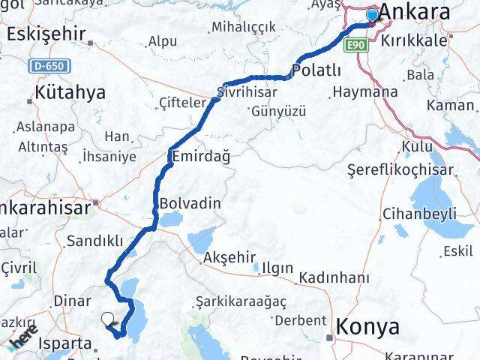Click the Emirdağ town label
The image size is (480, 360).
click(201, 157)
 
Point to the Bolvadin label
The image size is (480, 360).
click(190, 203)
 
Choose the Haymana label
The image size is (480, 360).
click(364, 92)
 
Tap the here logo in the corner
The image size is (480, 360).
click(22, 341)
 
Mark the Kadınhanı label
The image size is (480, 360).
click(334, 277)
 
